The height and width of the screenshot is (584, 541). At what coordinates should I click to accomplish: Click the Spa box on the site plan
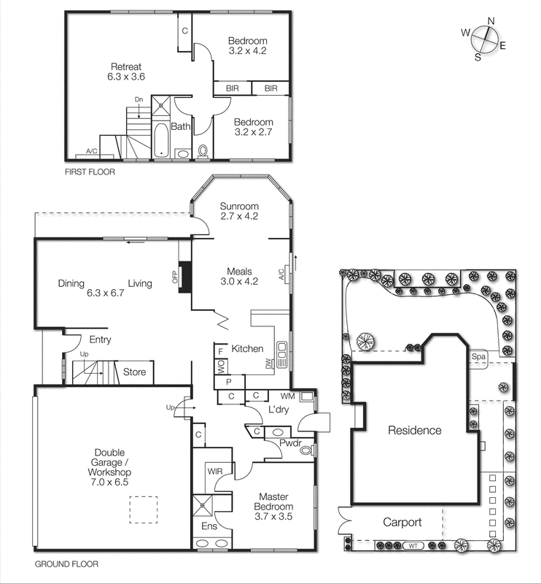(x=479, y=356)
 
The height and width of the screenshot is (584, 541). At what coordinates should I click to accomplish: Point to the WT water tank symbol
(x=413, y=546)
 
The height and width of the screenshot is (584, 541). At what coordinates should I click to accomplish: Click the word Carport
(x=402, y=523)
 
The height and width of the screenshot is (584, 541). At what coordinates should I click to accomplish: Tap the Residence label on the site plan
(x=414, y=430)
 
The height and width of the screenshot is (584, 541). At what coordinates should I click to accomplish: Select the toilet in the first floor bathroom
(x=203, y=151)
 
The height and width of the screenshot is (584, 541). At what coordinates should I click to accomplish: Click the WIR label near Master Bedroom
(x=214, y=472)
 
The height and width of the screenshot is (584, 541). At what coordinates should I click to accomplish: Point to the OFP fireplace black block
(x=184, y=276)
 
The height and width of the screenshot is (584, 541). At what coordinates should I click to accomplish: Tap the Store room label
(x=133, y=372)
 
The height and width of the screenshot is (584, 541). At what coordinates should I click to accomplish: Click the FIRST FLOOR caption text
(x=90, y=173)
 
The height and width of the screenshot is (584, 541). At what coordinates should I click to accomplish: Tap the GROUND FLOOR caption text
(x=66, y=564)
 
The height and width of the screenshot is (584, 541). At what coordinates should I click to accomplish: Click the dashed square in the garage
(x=143, y=509)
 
